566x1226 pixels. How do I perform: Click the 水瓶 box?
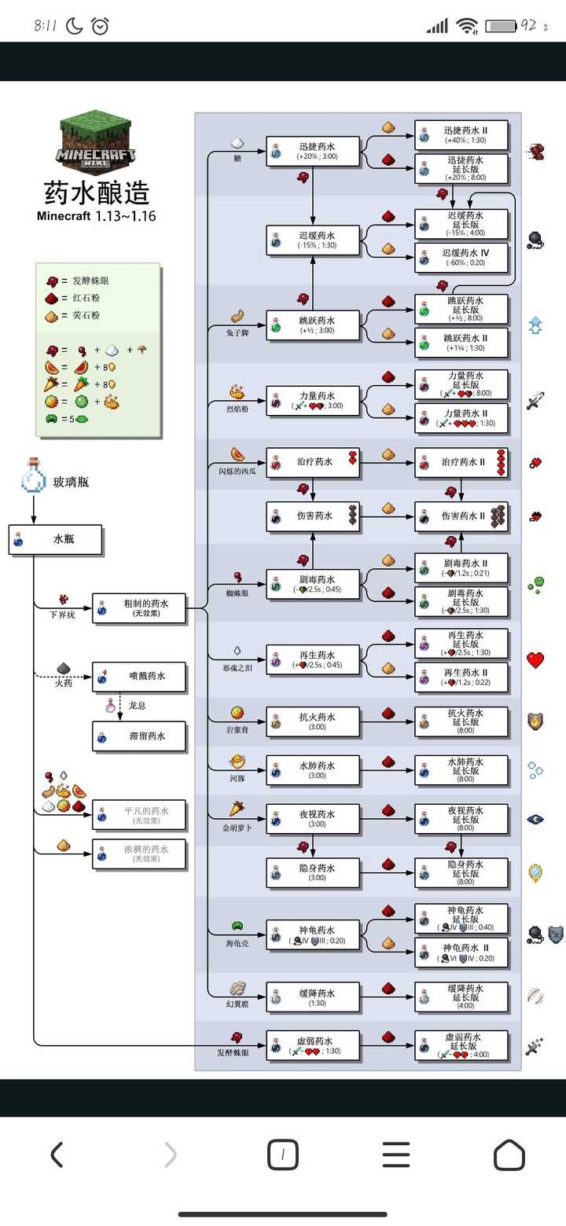(x=56, y=540)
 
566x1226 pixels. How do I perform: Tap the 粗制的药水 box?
(x=139, y=607)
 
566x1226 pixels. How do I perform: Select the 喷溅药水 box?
(x=140, y=677)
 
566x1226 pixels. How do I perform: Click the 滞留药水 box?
(x=140, y=736)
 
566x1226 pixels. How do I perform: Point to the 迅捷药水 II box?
(x=461, y=135)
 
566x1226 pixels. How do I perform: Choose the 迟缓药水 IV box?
(x=461, y=258)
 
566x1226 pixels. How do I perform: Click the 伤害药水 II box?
(x=461, y=516)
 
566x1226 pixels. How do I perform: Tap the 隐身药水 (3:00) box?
(x=313, y=872)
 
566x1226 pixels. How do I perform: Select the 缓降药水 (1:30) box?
(x=313, y=997)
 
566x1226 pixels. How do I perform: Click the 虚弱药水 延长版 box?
(x=461, y=1046)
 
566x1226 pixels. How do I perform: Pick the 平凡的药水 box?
(x=140, y=815)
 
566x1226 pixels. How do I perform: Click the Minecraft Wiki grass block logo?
(x=96, y=141)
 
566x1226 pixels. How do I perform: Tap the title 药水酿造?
(x=96, y=193)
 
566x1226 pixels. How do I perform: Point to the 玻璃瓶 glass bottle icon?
(x=33, y=476)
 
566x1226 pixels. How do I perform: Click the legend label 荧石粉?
(x=86, y=315)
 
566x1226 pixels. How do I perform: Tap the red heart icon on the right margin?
(x=535, y=660)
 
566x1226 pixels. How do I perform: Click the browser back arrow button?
(x=57, y=1154)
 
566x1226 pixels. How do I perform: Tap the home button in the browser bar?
(x=509, y=1154)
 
